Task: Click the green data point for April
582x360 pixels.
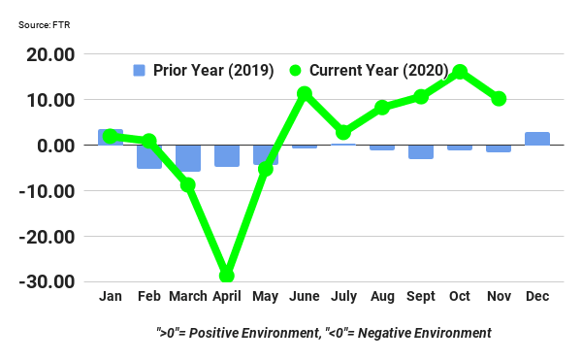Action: click(x=227, y=276)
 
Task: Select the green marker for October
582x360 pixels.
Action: click(x=460, y=72)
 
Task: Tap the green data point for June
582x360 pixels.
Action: click(x=305, y=94)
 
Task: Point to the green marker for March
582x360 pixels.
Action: click(x=188, y=184)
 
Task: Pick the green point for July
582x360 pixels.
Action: click(x=343, y=132)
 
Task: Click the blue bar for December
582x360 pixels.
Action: click(x=537, y=139)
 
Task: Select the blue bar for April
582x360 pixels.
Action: click(x=227, y=155)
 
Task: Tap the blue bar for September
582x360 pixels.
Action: click(x=421, y=151)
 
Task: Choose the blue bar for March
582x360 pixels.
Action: click(x=188, y=158)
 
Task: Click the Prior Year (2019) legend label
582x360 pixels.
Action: click(x=212, y=70)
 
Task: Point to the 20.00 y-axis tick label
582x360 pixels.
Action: click(x=56, y=55)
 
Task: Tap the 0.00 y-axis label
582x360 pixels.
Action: click(x=61, y=146)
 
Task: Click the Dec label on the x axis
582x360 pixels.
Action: click(x=537, y=296)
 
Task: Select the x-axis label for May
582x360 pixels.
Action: click(x=266, y=296)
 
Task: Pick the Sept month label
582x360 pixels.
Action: click(x=421, y=296)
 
